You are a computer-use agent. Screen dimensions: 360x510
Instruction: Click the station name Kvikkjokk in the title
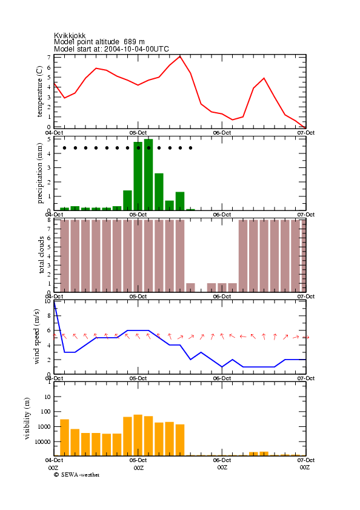coord(70,35)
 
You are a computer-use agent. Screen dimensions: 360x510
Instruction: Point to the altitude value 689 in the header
coord(130,42)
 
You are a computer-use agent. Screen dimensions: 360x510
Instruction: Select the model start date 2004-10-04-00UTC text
coord(136,49)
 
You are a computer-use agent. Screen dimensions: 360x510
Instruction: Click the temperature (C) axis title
coord(39,92)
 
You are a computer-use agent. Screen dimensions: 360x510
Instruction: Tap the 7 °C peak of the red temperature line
coord(180,56)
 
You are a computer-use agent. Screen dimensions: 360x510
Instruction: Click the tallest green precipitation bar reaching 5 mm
coord(148,175)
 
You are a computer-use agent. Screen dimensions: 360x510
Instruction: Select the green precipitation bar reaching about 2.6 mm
coord(159,192)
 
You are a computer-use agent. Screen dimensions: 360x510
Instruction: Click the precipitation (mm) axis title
coord(39,173)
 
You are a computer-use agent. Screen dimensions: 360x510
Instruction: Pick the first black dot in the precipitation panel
coord(65,148)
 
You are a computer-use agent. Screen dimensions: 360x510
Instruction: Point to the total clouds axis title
coord(41,255)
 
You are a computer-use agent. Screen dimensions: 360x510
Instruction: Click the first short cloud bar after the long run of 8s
coord(190,287)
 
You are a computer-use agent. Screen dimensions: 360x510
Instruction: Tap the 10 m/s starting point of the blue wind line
coord(55,301)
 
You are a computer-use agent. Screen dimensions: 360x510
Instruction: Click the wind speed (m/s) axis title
coord(37,337)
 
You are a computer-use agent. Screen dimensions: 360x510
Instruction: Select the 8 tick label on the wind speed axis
coord(49,315)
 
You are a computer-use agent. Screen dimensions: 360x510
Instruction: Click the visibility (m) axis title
coord(27,418)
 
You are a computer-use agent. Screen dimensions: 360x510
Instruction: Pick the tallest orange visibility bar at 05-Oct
coord(138,435)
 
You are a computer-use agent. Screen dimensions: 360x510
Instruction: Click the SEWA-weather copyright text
coord(77,475)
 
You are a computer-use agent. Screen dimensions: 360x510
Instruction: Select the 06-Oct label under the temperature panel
coord(222,133)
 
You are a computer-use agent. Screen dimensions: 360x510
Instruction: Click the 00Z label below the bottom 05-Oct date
coord(139,468)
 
